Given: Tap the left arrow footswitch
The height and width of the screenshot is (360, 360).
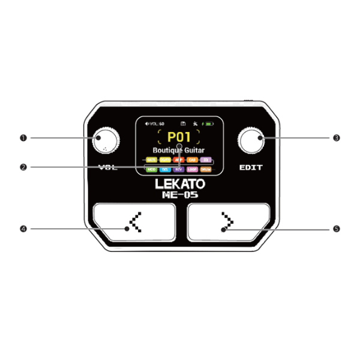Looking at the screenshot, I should point(134,223).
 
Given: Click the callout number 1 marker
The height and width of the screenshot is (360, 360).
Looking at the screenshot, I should point(23,137).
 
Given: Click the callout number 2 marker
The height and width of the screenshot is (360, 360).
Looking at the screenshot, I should point(23,167).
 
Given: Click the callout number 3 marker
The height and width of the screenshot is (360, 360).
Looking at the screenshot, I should point(337,137).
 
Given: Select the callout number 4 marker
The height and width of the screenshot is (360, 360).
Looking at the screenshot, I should point(23,229).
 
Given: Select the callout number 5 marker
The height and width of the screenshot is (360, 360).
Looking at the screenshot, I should point(337,229).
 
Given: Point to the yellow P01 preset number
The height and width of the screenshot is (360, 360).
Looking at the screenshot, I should point(179,137).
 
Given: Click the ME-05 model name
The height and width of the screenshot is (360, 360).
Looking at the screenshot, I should point(179,194).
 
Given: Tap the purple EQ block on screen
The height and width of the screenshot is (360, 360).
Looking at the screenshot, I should point(206,160).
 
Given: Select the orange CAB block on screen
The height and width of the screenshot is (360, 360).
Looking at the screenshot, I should point(192,160).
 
